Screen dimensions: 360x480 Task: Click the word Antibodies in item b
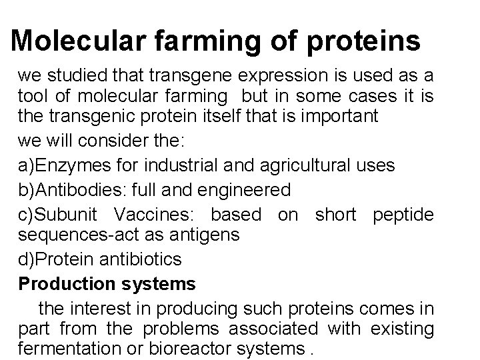tap(79, 189)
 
